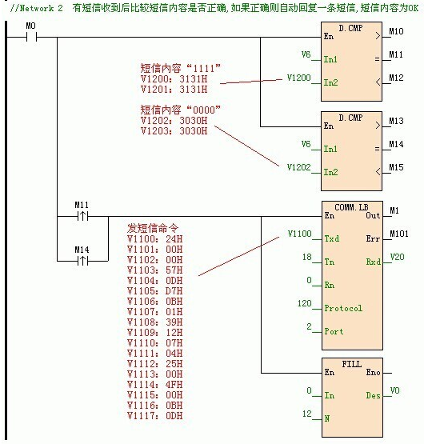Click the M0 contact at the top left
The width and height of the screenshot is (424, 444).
pos(32,38)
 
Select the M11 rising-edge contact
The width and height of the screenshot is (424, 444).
pos(82,215)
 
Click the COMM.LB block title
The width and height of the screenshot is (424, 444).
pos(350,206)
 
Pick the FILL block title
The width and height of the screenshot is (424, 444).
pos(351,363)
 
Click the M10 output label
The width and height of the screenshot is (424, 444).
pos(396,31)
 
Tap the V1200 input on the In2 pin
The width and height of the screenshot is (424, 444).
pos(299,77)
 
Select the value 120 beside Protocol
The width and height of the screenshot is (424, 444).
pos(304,304)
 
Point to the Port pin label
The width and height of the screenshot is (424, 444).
pos(335,331)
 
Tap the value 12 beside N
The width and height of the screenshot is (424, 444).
pos(306,415)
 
